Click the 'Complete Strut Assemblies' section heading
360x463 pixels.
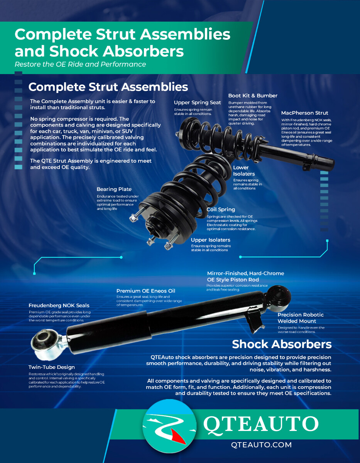pos(108,87)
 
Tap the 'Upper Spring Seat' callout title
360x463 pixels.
pos(197,103)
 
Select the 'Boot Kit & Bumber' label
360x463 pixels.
pos(253,96)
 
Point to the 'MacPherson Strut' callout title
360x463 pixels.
pos(304,113)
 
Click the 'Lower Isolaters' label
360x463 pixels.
pos(244,171)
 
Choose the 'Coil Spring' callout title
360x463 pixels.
pos(221,210)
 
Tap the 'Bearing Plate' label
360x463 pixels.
pos(114,189)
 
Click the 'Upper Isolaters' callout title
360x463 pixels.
pos(211,240)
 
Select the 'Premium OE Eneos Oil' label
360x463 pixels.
pos(146,291)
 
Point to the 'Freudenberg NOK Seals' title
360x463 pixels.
pos(59,306)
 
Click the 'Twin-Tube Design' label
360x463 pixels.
pos(52,367)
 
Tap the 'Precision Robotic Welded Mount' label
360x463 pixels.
pos(301,318)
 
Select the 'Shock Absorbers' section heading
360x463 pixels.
pos(282,344)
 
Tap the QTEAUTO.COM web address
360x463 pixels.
pos(261,445)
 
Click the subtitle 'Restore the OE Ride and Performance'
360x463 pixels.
pos(80,64)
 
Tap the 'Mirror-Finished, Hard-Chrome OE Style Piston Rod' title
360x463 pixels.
pos(245,276)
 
